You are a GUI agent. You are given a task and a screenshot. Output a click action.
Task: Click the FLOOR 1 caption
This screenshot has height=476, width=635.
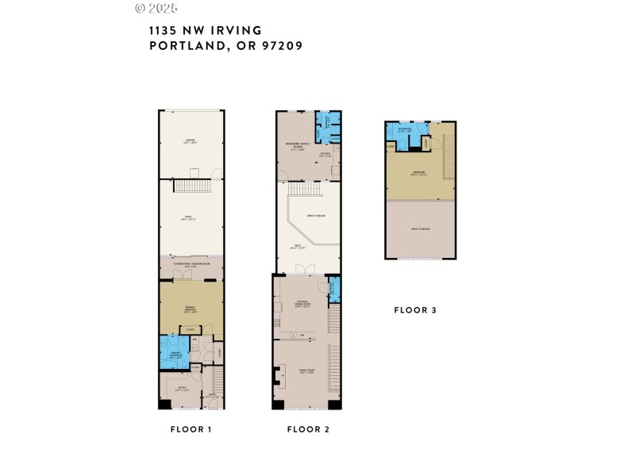190,429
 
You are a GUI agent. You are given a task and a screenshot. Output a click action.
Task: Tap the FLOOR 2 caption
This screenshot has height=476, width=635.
308,429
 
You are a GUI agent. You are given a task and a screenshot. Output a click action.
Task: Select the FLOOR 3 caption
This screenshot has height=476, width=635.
415,310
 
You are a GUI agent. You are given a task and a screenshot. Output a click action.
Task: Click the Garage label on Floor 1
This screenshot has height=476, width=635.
190,141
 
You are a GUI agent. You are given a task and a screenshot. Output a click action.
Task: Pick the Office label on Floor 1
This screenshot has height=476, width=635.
182,388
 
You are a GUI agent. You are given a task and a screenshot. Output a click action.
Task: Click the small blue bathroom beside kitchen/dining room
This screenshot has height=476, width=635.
334,288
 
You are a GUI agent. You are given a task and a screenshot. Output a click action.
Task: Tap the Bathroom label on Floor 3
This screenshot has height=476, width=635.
405,129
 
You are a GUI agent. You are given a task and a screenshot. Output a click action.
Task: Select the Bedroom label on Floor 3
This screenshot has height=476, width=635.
418,174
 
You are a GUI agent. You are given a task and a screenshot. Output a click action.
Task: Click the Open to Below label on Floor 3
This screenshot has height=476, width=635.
420,228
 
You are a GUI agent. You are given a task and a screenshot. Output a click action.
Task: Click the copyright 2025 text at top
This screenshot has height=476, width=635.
156,8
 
